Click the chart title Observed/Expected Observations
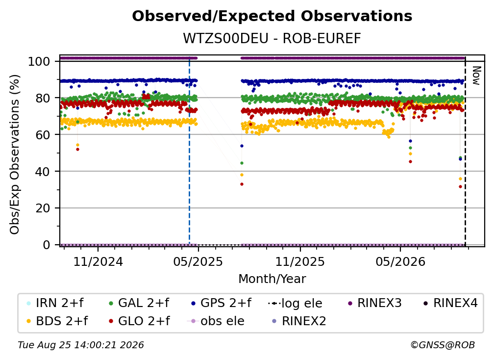pos(272,16)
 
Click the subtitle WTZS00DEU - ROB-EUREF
pos(272,39)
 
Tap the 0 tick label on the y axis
pos(47,245)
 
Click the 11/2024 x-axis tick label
pos(98,261)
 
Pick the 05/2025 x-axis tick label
pos(198,261)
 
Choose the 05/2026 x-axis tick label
pos(400,261)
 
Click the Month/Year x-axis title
pos(272,279)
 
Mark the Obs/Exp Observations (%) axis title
pos(15,154)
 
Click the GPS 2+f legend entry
pos(221,303)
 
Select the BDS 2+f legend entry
pos(57,321)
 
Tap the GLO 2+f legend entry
pos(139,321)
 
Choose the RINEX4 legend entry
pos(450,303)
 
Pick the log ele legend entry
pos(295,304)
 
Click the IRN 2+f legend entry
pos(55,303)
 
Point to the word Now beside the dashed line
pos(476,76)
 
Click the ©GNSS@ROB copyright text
pos(443,345)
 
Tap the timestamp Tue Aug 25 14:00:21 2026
pos(81,345)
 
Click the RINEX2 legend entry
pos(299,321)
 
